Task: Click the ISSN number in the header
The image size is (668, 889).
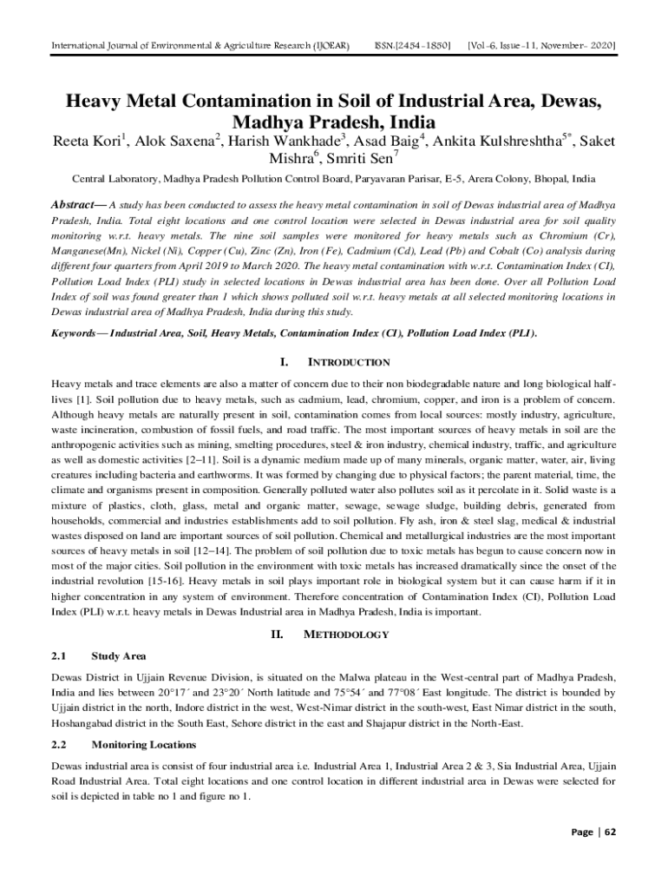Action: (x=413, y=43)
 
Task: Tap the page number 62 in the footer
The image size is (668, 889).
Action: (x=611, y=832)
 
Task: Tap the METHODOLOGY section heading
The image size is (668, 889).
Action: (x=346, y=635)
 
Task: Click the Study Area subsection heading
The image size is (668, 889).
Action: (x=118, y=655)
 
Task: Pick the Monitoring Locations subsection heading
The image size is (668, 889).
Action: (x=142, y=745)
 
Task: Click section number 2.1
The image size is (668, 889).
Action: (x=59, y=655)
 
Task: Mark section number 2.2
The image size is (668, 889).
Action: (x=59, y=745)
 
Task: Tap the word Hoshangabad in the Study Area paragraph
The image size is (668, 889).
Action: (x=88, y=722)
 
